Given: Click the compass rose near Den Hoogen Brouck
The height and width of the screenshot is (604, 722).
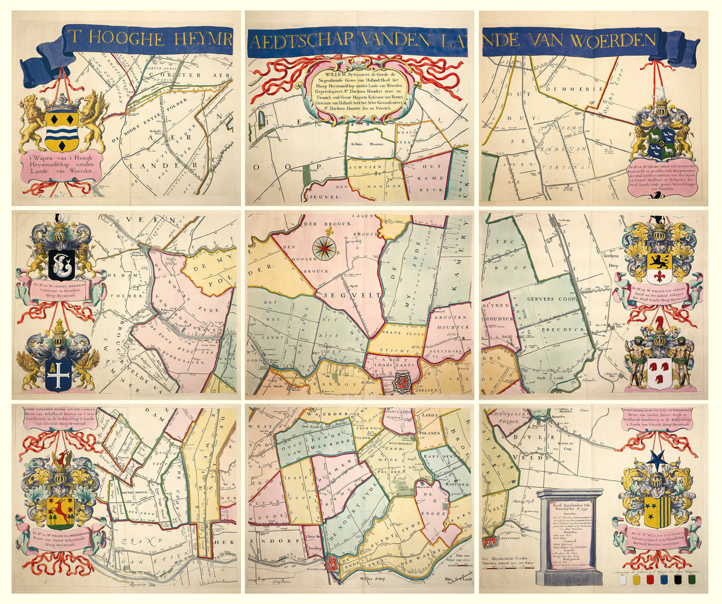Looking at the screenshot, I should pyautogui.click(x=324, y=247).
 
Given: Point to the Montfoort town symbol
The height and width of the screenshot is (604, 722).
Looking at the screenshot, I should pyautogui.click(x=490, y=542).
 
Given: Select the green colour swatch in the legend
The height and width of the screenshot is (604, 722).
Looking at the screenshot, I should pyautogui.click(x=692, y=580).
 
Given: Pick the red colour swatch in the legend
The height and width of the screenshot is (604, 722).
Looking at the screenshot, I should pyautogui.click(x=650, y=580).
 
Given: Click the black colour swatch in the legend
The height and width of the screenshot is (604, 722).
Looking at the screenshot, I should pyautogui.click(x=678, y=580).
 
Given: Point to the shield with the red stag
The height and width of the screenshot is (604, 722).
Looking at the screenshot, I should pyautogui.click(x=61, y=510).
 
